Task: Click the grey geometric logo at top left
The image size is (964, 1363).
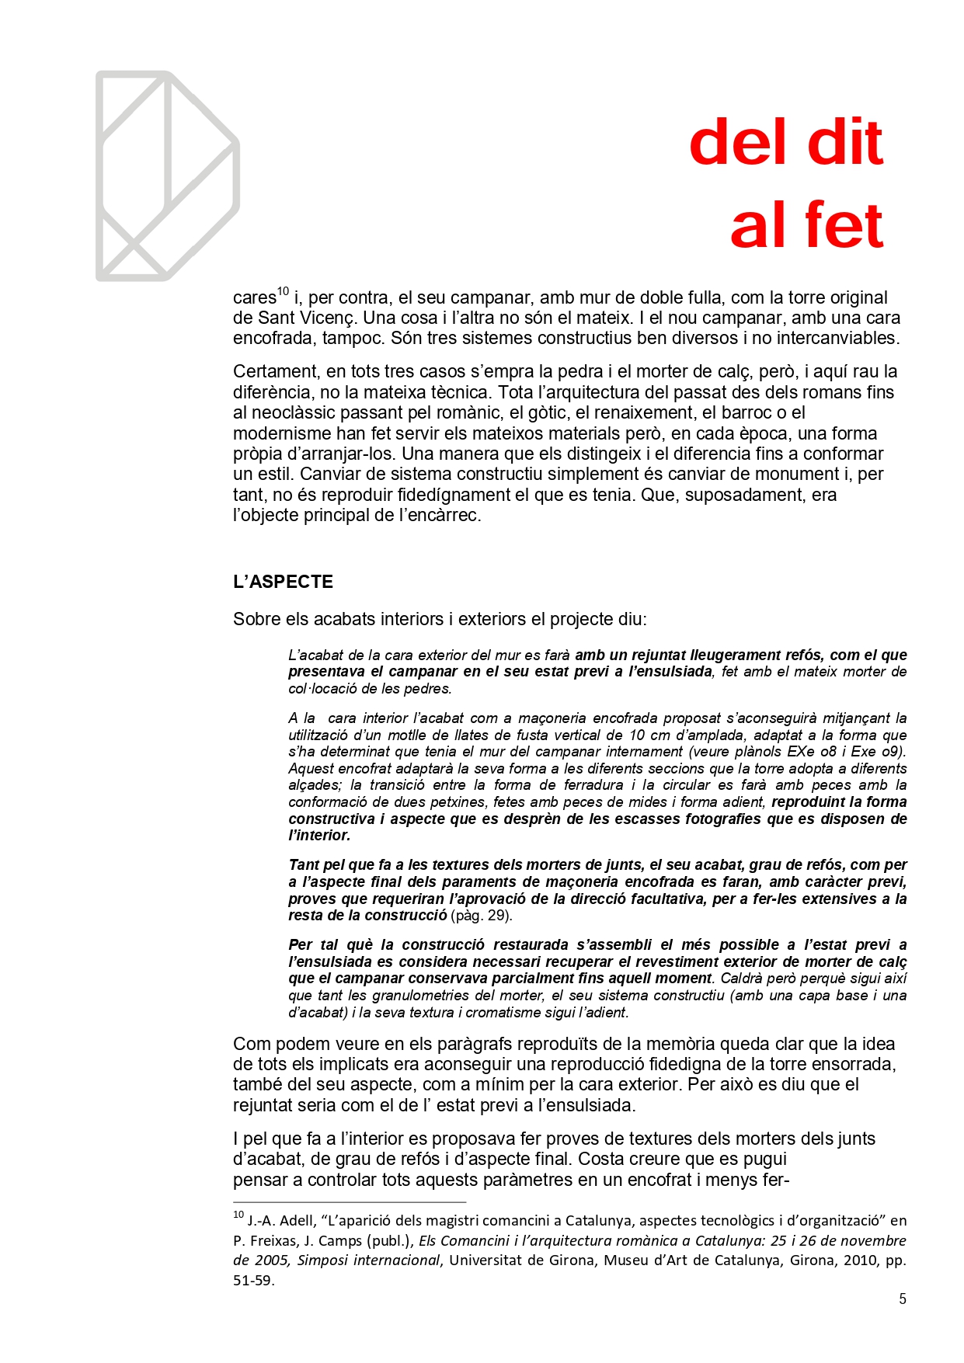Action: (x=167, y=176)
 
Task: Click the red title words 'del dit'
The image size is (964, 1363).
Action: (x=785, y=143)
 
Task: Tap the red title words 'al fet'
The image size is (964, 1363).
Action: (x=806, y=225)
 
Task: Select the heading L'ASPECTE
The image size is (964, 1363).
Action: (x=283, y=582)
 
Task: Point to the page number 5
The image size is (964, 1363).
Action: (x=902, y=1299)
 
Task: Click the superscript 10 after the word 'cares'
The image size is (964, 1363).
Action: (x=283, y=292)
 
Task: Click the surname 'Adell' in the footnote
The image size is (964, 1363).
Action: (x=298, y=1220)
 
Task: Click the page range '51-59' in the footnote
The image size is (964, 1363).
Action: (x=253, y=1280)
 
